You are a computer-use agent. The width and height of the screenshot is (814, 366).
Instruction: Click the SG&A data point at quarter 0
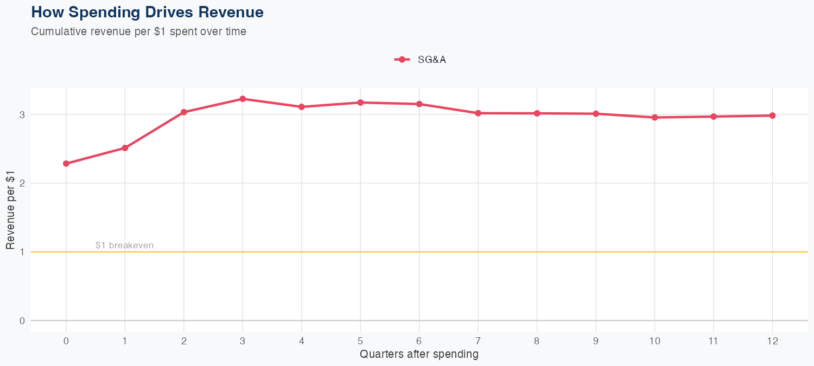click(x=66, y=164)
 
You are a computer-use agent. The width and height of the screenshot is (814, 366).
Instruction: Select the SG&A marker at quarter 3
click(x=243, y=99)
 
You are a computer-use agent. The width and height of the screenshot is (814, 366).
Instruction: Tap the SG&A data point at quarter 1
click(x=125, y=148)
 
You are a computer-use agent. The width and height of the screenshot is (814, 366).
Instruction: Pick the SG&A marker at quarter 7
click(x=478, y=113)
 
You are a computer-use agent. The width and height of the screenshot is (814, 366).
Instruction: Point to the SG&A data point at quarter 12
click(x=772, y=115)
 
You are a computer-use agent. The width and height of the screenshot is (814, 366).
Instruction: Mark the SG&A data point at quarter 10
click(x=654, y=117)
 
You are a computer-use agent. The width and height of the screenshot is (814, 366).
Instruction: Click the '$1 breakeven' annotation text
click(x=124, y=246)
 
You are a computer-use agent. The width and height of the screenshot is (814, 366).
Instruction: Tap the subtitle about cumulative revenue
click(x=139, y=31)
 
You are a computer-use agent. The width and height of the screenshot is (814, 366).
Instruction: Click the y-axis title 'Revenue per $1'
click(x=10, y=209)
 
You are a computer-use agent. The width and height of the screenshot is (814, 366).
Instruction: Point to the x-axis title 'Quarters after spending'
click(x=419, y=355)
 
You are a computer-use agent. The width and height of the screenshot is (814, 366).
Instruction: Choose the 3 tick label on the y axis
click(x=22, y=114)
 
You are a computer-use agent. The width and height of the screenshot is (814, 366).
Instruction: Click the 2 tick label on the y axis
click(x=22, y=183)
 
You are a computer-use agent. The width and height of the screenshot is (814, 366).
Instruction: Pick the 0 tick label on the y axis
click(x=22, y=320)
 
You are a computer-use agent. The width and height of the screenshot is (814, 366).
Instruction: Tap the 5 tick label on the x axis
click(x=360, y=341)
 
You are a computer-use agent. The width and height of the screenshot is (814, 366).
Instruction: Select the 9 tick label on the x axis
click(x=596, y=341)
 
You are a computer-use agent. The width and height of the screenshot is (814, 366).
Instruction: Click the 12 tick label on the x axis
click(x=772, y=341)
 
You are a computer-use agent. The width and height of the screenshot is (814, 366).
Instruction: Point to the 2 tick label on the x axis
click(x=184, y=341)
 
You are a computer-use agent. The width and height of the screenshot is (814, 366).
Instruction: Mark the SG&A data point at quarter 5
click(x=360, y=102)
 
